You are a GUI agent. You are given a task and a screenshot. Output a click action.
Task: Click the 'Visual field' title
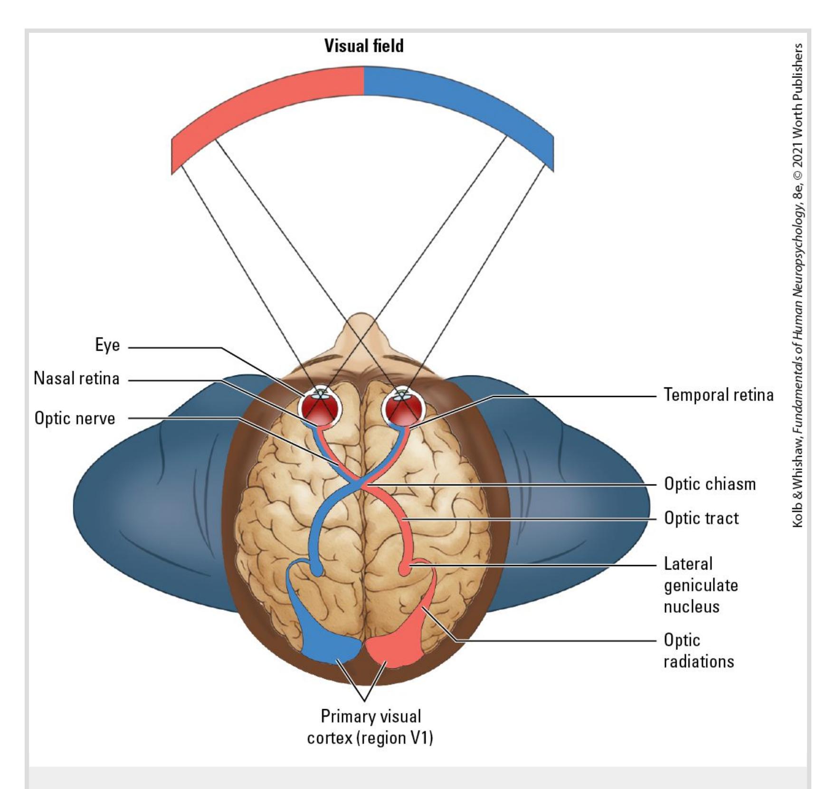tap(364, 46)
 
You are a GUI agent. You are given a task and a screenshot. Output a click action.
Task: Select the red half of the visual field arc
tap(266, 100)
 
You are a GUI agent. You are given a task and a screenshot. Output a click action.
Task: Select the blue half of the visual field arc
tap(461, 100)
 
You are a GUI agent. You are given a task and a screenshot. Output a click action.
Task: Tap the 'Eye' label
tap(107, 345)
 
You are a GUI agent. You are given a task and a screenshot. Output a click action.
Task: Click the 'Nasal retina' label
tap(76, 379)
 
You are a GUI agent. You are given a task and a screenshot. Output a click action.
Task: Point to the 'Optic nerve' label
tap(75, 419)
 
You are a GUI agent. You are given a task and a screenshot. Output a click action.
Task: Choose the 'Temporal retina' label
tap(718, 395)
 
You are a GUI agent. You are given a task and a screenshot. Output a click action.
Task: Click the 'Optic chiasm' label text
tap(710, 484)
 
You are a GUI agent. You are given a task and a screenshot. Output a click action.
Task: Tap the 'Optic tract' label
tap(701, 518)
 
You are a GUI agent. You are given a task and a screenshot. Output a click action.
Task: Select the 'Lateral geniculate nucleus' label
tap(701, 585)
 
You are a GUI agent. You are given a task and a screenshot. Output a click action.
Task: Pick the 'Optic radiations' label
tap(698, 651)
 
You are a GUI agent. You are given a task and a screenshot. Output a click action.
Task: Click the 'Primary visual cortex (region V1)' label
tap(370, 727)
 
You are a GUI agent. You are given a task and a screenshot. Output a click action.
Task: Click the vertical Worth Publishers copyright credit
tap(798, 285)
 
